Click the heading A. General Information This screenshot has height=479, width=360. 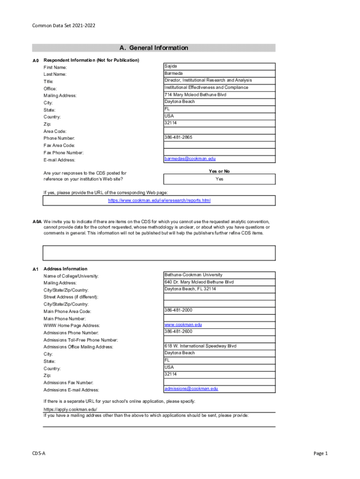[x=154, y=48]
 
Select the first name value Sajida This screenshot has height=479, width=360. [x=170, y=66]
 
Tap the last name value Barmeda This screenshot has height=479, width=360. [x=173, y=73]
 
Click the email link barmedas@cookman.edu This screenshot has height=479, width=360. [x=190, y=159]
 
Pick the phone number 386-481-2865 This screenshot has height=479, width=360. [x=178, y=138]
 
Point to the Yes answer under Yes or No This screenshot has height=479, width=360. [x=219, y=179]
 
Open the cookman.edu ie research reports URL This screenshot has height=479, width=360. [x=159, y=200]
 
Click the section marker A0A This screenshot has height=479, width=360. [x=37, y=222]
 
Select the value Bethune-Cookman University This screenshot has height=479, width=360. [x=193, y=275]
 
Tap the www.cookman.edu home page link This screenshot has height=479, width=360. [x=183, y=324]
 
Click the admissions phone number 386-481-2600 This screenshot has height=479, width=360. [x=178, y=331]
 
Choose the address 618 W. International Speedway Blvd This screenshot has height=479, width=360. [x=200, y=346]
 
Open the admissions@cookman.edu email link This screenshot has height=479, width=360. [x=191, y=388]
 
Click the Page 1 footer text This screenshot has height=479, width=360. [x=321, y=453]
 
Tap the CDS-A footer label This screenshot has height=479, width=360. [x=39, y=453]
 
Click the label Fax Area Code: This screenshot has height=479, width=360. [x=59, y=145]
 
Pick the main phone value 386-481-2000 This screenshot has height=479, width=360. [x=178, y=310]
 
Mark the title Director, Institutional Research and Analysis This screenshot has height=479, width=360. [x=208, y=80]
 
